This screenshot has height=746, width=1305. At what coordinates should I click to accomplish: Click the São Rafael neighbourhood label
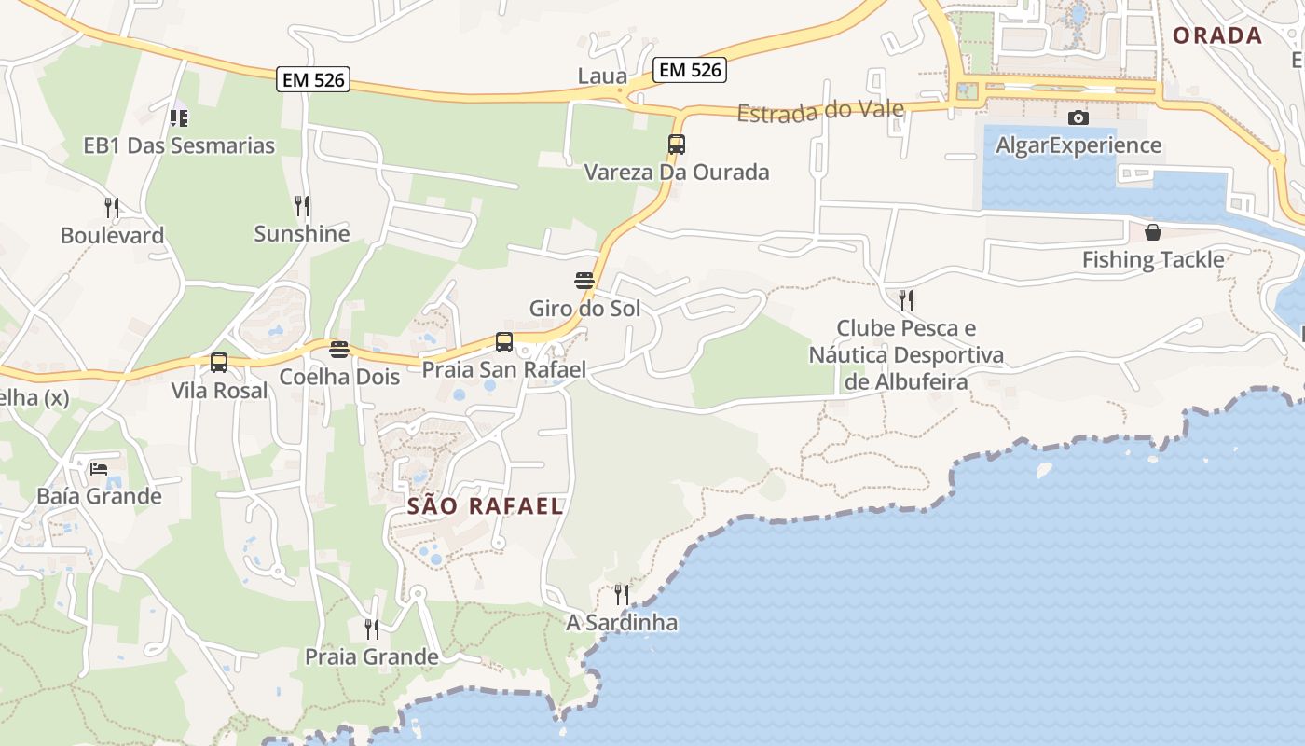(x=486, y=506)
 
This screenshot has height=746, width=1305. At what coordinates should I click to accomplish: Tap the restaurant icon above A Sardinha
(x=622, y=594)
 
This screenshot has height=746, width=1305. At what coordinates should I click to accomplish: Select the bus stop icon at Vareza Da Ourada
(x=677, y=145)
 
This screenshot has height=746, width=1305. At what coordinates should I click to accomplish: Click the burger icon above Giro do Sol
(x=584, y=281)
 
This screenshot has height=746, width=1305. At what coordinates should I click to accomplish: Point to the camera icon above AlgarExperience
(x=1078, y=117)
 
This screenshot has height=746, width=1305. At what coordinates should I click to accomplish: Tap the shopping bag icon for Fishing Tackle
(x=1153, y=232)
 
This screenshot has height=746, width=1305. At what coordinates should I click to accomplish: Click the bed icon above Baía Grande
(x=99, y=468)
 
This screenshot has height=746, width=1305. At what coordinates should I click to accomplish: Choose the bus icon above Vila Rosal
(x=219, y=363)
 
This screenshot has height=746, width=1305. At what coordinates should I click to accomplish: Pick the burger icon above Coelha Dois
(x=339, y=350)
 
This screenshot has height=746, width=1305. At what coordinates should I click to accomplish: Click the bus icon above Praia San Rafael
(x=504, y=342)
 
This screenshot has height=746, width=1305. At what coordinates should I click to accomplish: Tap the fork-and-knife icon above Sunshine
(x=302, y=205)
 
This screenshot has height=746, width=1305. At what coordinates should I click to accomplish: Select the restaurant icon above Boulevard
(x=112, y=207)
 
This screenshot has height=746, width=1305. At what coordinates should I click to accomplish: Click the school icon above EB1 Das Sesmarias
(x=179, y=118)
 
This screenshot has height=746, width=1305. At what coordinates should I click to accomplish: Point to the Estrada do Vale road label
(x=820, y=111)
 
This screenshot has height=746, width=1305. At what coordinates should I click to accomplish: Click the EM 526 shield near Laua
(x=689, y=69)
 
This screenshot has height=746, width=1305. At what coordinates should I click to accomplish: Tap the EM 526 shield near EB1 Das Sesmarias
(x=313, y=80)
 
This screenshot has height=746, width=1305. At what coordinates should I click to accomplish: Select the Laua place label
(x=602, y=76)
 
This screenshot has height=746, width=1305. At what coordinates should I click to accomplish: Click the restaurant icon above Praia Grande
(x=372, y=629)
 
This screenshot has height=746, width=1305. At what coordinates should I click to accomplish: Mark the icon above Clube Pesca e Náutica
(x=905, y=299)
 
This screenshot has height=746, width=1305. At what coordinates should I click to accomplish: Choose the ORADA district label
(x=1217, y=36)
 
